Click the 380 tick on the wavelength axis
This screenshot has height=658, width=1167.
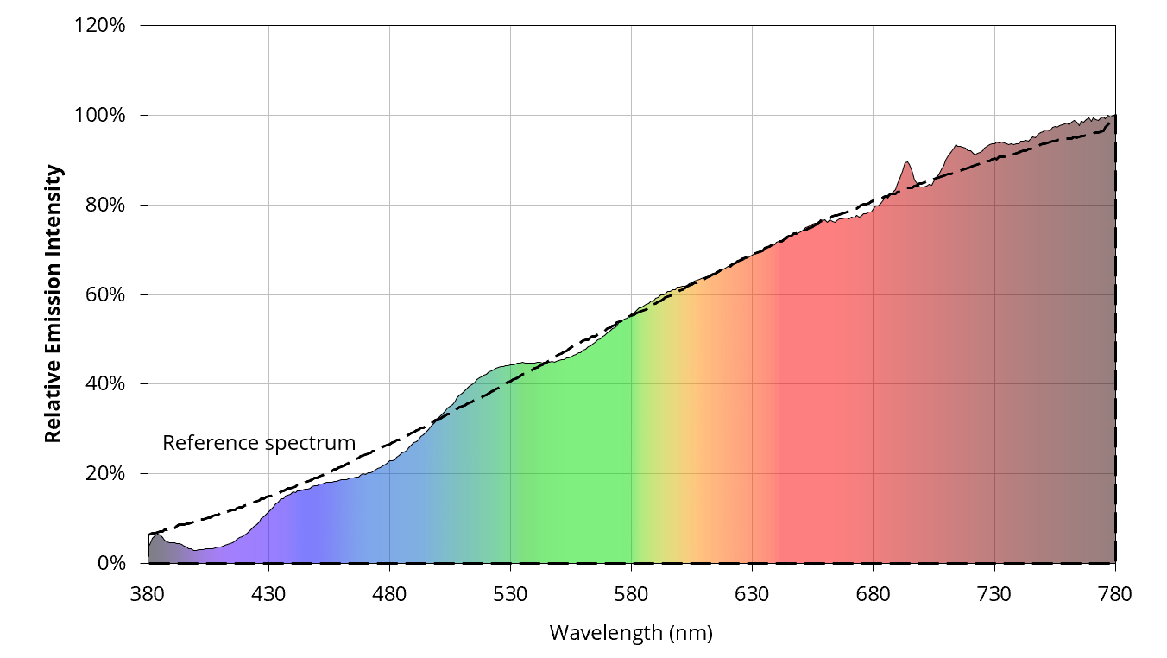pyautogui.click(x=148, y=595)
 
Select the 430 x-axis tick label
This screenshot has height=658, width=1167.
pyautogui.click(x=268, y=595)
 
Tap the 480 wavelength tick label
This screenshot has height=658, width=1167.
pyautogui.click(x=389, y=595)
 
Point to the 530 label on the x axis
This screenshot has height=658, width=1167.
pyautogui.click(x=510, y=595)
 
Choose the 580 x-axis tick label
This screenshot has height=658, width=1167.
pyautogui.click(x=631, y=595)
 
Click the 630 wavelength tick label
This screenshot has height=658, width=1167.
pyautogui.click(x=752, y=595)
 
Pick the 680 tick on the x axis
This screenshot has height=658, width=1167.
pyautogui.click(x=873, y=595)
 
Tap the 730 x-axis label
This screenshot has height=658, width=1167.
pyautogui.click(x=994, y=595)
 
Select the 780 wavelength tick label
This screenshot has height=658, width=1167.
pyautogui.click(x=1115, y=595)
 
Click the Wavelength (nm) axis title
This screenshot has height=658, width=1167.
pyautogui.click(x=631, y=634)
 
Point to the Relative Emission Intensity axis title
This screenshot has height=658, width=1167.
pyautogui.click(x=54, y=303)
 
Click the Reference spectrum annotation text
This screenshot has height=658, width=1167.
pyautogui.click(x=259, y=443)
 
